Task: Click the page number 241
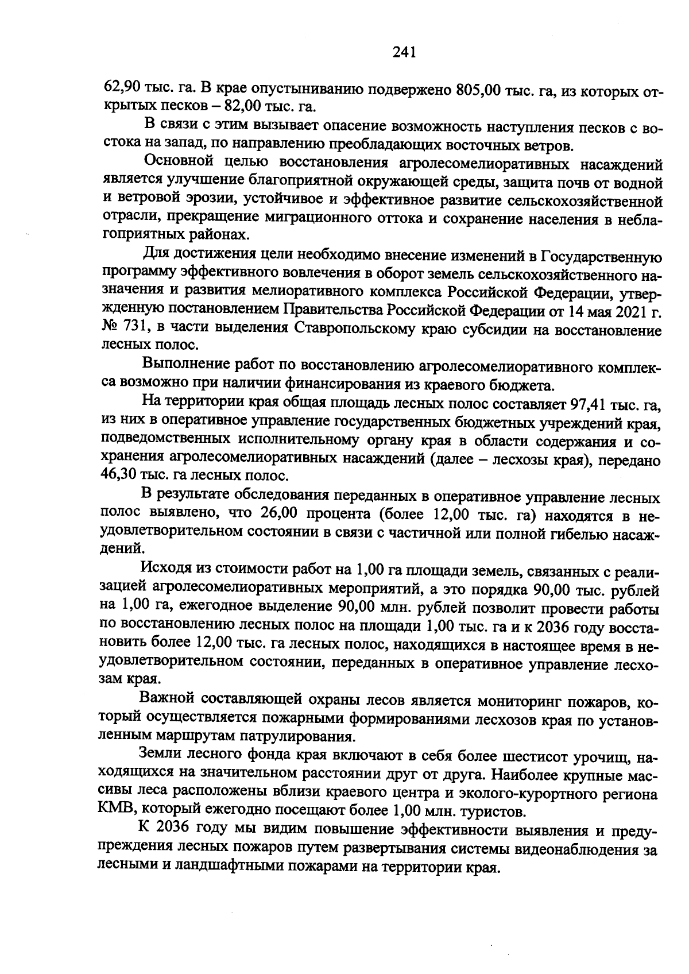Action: [x=404, y=53]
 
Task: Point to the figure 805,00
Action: [x=479, y=91]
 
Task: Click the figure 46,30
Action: [x=119, y=476]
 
